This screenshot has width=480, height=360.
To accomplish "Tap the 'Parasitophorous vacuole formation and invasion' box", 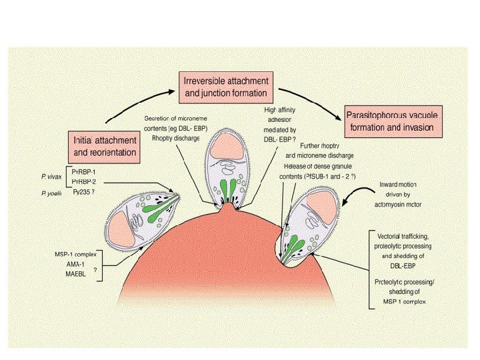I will point(393,121).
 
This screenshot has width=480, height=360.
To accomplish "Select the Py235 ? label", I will point(83,191).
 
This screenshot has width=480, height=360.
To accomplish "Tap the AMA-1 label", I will point(79,264).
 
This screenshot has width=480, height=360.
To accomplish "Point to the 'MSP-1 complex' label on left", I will point(78,255).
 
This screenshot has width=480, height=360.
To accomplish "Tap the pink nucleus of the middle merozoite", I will point(229,151).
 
